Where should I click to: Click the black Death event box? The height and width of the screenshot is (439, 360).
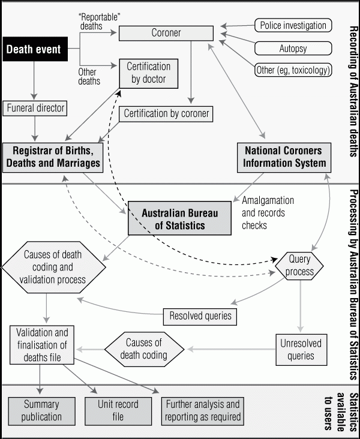(x=35, y=49)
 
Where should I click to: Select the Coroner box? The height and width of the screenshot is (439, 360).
(x=166, y=34)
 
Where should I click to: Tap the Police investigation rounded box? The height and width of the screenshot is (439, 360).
(x=293, y=25)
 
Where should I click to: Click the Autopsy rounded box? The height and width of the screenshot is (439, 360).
(x=293, y=49)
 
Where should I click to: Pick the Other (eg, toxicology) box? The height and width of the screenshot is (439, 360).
(x=293, y=70)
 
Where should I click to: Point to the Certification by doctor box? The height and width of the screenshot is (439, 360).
(x=149, y=73)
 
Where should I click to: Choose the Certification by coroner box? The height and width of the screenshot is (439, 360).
(x=166, y=114)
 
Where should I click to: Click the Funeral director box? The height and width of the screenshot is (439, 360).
(x=35, y=108)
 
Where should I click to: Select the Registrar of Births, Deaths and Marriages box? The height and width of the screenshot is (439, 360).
(x=53, y=157)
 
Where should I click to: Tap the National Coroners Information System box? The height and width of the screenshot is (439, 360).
(x=284, y=157)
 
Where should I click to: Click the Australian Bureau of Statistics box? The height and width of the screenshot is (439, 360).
(x=179, y=218)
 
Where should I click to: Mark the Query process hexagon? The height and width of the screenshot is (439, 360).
(x=299, y=266)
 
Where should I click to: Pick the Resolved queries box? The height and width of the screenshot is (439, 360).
(x=200, y=317)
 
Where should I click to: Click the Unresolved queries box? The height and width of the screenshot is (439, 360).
(x=301, y=350)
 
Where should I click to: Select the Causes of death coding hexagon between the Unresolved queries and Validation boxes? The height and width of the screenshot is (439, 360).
(x=144, y=349)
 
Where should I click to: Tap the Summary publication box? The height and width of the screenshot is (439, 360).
(x=42, y=411)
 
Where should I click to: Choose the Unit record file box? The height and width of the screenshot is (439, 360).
(x=118, y=411)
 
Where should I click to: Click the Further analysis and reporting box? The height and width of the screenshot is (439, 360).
(x=203, y=411)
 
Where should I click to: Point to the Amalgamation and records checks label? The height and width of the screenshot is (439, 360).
(x=268, y=213)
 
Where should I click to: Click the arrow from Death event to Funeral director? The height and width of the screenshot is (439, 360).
(x=34, y=80)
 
